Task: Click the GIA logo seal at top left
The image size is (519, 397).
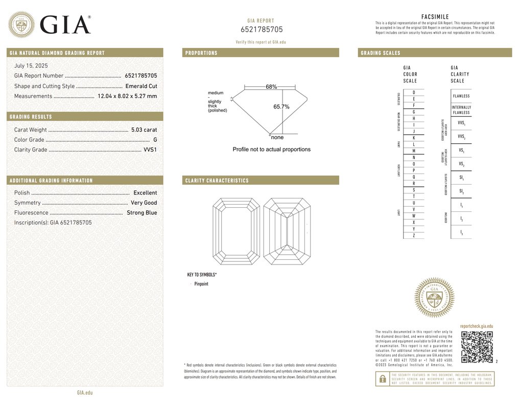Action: point(22,24)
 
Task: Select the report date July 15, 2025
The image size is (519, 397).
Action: point(31,65)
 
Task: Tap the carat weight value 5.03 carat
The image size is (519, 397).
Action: point(144,130)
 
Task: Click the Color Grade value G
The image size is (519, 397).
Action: point(155,140)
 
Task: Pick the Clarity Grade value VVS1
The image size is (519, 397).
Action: point(150,150)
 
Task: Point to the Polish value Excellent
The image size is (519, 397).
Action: point(145,193)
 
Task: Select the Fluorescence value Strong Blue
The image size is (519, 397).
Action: point(142,213)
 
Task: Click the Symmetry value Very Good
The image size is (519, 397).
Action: point(144,203)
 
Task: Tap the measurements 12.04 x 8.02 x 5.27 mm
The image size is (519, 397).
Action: point(127,96)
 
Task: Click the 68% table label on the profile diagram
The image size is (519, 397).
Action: point(271,87)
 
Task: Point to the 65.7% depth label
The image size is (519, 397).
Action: point(281,107)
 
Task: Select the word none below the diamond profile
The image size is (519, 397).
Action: point(277,137)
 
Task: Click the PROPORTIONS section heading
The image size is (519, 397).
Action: point(201,53)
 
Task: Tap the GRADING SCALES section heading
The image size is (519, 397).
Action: point(381,53)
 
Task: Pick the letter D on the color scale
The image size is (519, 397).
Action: point(414,92)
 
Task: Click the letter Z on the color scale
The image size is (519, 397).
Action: point(414,235)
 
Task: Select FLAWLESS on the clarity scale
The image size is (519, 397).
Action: point(461,96)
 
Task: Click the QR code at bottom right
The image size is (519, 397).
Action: point(477,347)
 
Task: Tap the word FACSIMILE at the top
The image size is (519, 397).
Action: point(435,17)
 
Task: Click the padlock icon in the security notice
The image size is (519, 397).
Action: point(382,379)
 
